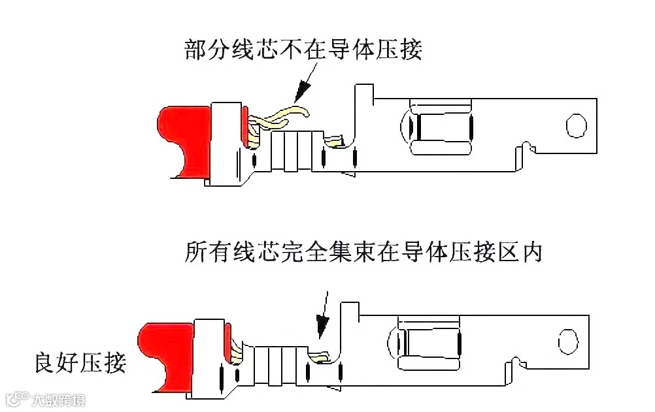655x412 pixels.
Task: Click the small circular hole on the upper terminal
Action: pos(576,125)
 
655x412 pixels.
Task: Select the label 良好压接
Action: pos(80,362)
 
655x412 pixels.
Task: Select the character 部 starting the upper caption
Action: pos(194,49)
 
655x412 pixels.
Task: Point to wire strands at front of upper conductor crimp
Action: pos(335,140)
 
